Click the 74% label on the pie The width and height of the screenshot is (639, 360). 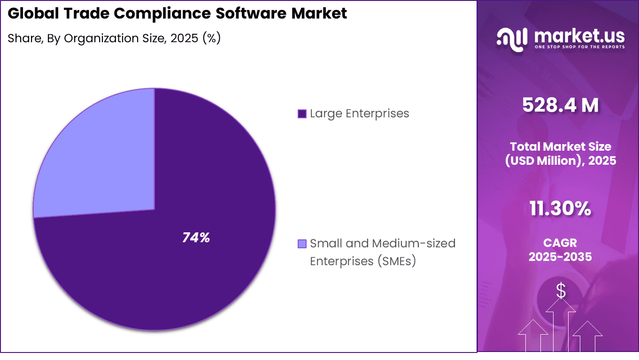196,238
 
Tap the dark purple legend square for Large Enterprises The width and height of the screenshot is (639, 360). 302,114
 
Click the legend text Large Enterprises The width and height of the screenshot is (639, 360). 359,114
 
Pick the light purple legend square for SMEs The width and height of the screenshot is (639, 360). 302,244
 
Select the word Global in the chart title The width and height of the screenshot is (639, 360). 29,14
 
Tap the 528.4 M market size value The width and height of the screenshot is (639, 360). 561,106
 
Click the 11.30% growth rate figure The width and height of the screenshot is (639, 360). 560,209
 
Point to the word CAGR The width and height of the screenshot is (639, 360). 560,243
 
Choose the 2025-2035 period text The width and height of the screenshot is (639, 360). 560,257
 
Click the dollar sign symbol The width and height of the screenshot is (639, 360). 561,291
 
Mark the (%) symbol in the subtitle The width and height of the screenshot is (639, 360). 211,38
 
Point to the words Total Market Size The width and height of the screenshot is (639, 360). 561,146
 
